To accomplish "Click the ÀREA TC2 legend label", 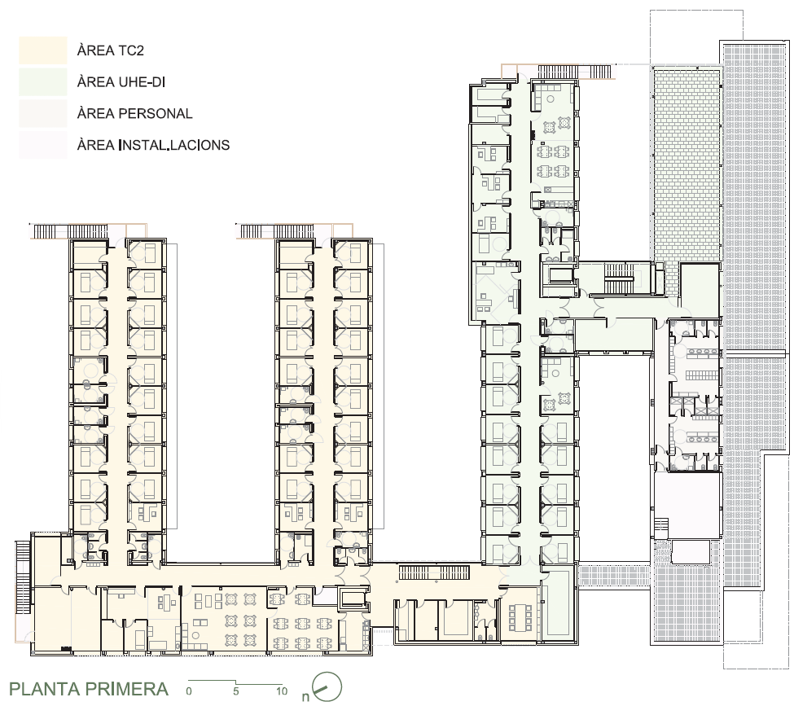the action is tap(111, 50).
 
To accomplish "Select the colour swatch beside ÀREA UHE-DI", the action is tap(43, 82).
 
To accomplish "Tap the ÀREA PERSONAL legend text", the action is tap(134, 113).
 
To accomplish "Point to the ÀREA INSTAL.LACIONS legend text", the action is tap(153, 145).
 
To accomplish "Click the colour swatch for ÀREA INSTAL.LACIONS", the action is tap(43, 145).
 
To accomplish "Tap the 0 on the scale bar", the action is tap(189, 691).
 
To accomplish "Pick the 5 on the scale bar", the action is tap(236, 691).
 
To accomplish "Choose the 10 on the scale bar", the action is tap(282, 691).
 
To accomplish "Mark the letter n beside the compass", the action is tap(305, 697).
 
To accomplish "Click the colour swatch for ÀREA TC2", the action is tap(43, 50).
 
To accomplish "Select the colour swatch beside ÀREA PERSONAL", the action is tap(43, 113).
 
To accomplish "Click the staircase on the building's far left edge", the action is tap(24, 577).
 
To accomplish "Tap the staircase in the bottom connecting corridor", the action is tap(436, 572).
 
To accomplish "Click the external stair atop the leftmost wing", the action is tap(70, 231).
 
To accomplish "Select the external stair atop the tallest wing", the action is tap(558, 72).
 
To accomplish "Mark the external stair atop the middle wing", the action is tap(278, 231).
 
